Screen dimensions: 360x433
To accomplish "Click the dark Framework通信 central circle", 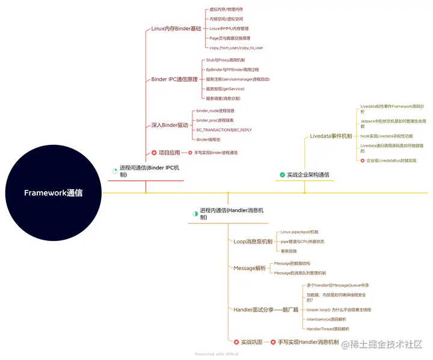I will pos(54,193).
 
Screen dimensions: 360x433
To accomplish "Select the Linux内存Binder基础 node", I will pos(176,28).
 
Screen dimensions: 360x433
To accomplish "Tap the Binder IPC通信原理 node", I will pos(174,79).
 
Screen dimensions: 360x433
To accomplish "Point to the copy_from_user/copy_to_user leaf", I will pos(236,47).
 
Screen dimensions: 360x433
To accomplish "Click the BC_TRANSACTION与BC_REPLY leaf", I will pos(224,130).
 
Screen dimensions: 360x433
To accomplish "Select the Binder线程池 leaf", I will pos(210,139).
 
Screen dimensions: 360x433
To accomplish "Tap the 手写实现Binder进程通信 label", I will pos(215,153).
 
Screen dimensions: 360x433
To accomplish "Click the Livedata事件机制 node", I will pos(331,136).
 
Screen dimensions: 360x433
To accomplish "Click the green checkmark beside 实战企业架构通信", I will pos(282,175).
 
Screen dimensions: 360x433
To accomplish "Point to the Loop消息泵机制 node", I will pos(253,241).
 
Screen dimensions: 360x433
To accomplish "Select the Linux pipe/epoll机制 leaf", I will pos(299,231).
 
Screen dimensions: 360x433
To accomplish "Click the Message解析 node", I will pos(250,268).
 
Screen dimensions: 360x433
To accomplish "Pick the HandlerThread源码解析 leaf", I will pos(328,329).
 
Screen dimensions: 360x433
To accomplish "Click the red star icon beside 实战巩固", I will pos(236,342).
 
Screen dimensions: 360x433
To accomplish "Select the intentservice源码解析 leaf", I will pos(327,319).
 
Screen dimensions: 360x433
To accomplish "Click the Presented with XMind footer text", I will pos(216,354).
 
